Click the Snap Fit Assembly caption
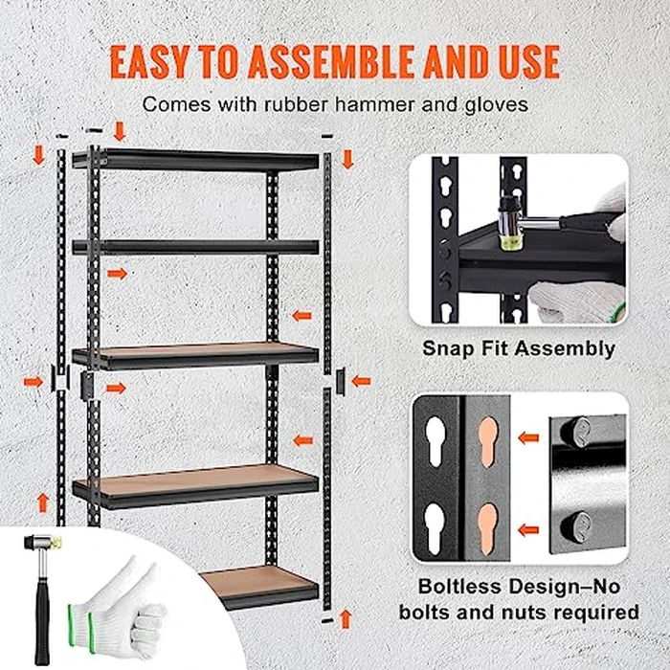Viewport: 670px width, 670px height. (519, 348)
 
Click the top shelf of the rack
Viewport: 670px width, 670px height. (196, 158)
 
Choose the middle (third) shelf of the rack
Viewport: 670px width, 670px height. (196, 355)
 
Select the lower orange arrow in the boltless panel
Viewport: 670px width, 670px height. (526, 528)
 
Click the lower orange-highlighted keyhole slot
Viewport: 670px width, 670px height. (488, 522)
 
